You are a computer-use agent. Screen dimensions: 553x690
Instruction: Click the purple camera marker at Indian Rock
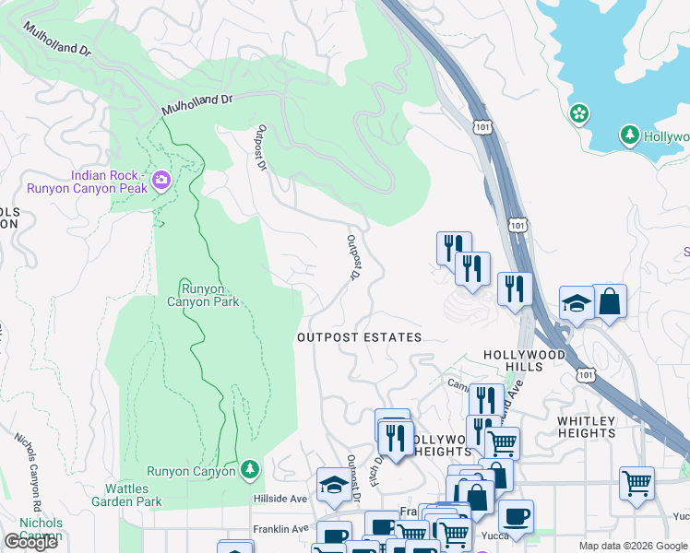(161, 180)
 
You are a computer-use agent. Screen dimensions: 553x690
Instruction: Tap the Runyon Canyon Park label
(203, 294)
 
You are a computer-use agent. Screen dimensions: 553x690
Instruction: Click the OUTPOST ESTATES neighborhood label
(359, 337)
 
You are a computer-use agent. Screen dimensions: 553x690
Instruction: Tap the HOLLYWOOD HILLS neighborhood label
(525, 360)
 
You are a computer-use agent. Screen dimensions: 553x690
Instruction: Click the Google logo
(30, 542)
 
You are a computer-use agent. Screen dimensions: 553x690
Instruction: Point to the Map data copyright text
(634, 546)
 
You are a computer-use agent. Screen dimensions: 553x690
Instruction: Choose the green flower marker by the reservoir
(579, 114)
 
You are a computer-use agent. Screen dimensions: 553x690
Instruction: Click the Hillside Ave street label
(280, 499)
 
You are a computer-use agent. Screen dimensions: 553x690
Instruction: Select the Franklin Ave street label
(280, 529)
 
